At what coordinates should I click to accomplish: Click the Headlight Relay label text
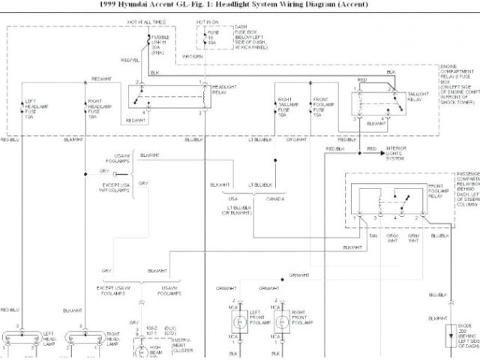click(x=220, y=89)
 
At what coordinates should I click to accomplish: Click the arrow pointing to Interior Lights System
click(x=373, y=149)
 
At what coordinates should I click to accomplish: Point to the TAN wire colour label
click(x=373, y=235)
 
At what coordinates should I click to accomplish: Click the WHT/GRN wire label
click(x=192, y=55)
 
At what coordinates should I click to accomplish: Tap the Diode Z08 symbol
click(x=450, y=336)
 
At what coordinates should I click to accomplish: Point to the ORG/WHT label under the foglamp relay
click(x=392, y=238)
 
